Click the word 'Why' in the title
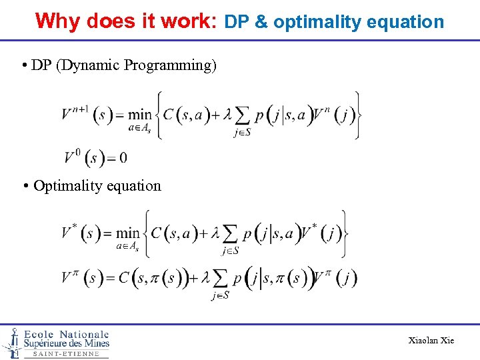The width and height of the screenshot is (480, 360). point(58,21)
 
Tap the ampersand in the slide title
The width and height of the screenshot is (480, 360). point(261,22)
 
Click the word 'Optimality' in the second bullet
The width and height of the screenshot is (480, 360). point(64,185)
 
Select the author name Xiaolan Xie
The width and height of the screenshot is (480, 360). point(431,341)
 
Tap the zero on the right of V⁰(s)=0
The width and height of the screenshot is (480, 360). point(123,158)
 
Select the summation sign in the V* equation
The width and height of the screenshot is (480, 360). point(229,234)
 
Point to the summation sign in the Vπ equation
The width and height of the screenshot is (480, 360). point(220,278)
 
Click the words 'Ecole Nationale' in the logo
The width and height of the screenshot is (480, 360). point(66,334)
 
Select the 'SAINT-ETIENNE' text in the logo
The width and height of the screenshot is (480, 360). point(66,354)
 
